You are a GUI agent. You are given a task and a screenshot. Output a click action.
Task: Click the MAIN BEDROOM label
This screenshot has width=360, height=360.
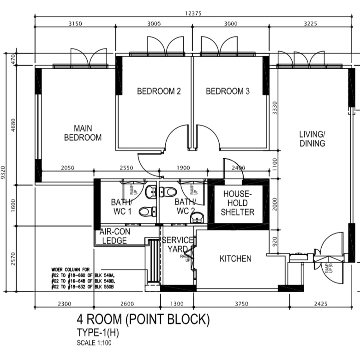(x=83, y=133)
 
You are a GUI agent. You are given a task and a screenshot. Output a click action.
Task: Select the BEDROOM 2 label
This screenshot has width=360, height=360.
(x=159, y=91)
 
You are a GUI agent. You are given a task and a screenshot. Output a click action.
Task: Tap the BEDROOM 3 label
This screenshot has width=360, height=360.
(x=228, y=91)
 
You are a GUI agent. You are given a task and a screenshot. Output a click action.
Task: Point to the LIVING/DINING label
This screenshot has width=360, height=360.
(x=312, y=139)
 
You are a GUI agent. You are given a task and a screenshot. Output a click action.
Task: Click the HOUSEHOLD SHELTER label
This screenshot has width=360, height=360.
(x=237, y=203)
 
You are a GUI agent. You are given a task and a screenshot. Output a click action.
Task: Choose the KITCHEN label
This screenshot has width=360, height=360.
(x=235, y=258)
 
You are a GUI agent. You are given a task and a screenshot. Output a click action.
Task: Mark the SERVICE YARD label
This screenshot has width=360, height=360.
(x=177, y=245)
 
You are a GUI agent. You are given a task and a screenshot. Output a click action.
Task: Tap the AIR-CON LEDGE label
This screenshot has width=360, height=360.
(x=114, y=237)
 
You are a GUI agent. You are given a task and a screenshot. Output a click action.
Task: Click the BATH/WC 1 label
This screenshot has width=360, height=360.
(x=121, y=207)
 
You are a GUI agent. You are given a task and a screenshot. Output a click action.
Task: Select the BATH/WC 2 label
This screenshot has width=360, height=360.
(x=185, y=207)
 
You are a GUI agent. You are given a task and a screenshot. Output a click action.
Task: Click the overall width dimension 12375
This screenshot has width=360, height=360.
(x=193, y=13)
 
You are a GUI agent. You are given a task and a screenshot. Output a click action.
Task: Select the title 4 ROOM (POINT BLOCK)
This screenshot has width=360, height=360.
(x=143, y=319)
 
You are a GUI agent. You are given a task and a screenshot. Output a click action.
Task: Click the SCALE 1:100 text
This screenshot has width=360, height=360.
(x=94, y=343)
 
